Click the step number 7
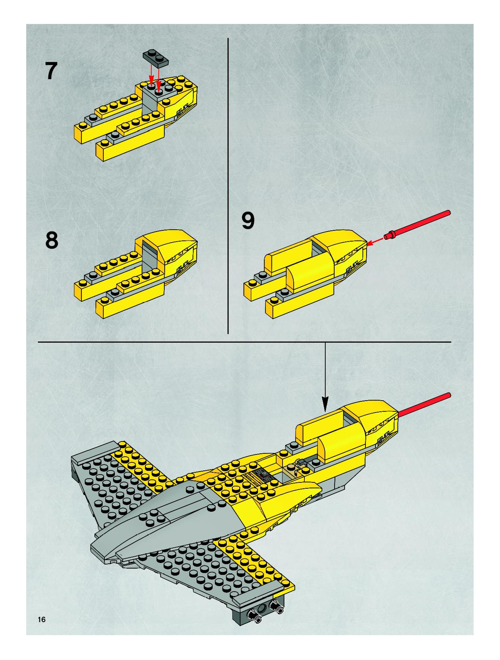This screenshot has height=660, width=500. (x=51, y=71)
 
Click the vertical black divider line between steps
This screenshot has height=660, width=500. (x=228, y=185)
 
